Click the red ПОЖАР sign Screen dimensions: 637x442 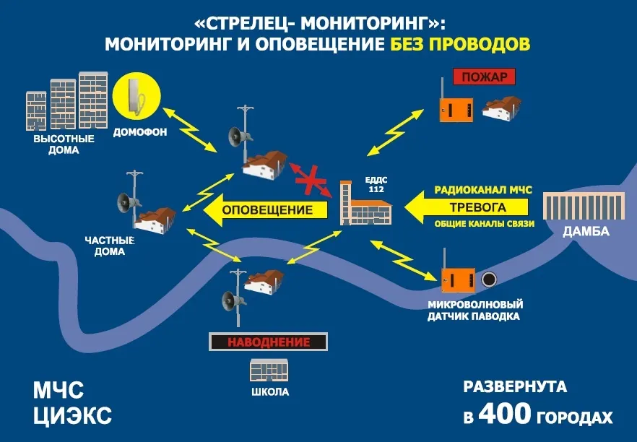click(x=484, y=77)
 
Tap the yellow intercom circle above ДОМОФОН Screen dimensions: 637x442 click(x=136, y=96)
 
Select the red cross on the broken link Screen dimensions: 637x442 click(x=311, y=180)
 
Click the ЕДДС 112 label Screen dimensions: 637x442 click(x=376, y=184)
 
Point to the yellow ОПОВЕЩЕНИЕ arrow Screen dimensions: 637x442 click(x=266, y=209)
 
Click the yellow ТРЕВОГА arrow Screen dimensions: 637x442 click(x=467, y=207)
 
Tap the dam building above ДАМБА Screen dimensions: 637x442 click(x=584, y=207)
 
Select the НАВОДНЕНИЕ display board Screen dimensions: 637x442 click(x=269, y=342)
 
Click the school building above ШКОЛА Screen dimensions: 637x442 click(x=269, y=370)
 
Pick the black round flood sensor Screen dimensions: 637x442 click(x=489, y=279)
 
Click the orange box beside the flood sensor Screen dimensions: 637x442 click(x=457, y=279)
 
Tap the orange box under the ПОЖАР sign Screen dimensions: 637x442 click(x=456, y=109)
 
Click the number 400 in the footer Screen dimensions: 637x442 click(x=505, y=414)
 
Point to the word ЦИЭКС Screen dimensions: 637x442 click(x=72, y=415)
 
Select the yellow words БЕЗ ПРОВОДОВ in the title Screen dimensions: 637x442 click(x=460, y=44)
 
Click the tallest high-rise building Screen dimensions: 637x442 click(x=93, y=101)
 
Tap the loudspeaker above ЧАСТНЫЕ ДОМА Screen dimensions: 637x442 click(x=129, y=202)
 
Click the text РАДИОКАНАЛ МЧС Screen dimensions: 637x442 click(x=483, y=190)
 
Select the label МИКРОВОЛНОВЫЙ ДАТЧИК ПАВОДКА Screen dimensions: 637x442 click(x=475, y=311)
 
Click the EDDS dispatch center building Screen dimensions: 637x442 click(x=365, y=203)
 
